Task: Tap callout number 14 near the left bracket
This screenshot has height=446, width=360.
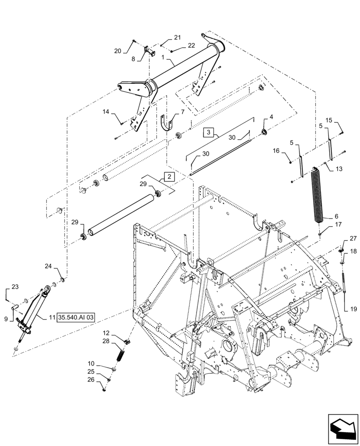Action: click(x=106, y=113)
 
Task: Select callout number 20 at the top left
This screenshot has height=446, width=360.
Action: click(x=118, y=51)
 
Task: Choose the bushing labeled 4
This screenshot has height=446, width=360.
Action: click(x=265, y=131)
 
